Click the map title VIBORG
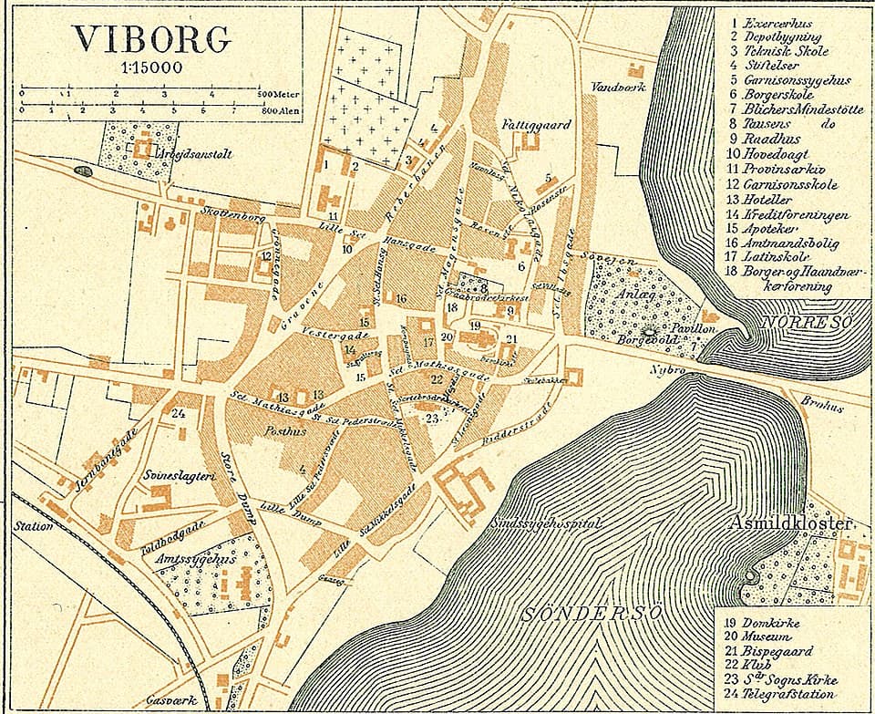point(152,38)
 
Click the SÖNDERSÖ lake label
point(592,613)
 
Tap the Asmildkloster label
point(790,523)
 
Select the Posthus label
point(256,431)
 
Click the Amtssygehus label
point(202,558)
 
